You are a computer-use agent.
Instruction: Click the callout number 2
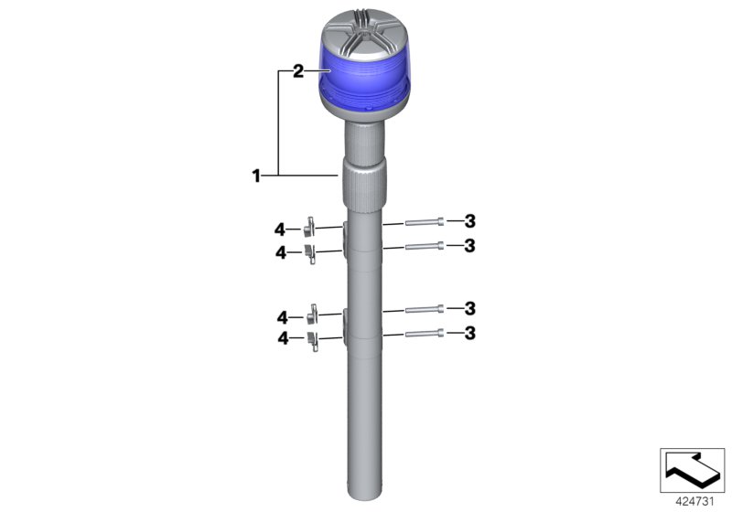coord(298,71)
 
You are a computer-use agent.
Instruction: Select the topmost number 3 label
coord(470,220)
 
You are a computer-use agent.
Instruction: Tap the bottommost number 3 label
coord(470,333)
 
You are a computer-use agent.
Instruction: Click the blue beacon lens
coord(365,81)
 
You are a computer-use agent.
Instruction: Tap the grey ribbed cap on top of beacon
coord(365,32)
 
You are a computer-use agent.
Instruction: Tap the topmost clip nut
coord(310,225)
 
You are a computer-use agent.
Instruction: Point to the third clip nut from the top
coord(311,315)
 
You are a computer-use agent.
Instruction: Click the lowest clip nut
coord(311,341)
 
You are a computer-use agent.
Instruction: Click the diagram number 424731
coord(693,500)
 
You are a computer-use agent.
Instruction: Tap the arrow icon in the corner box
coord(693,469)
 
